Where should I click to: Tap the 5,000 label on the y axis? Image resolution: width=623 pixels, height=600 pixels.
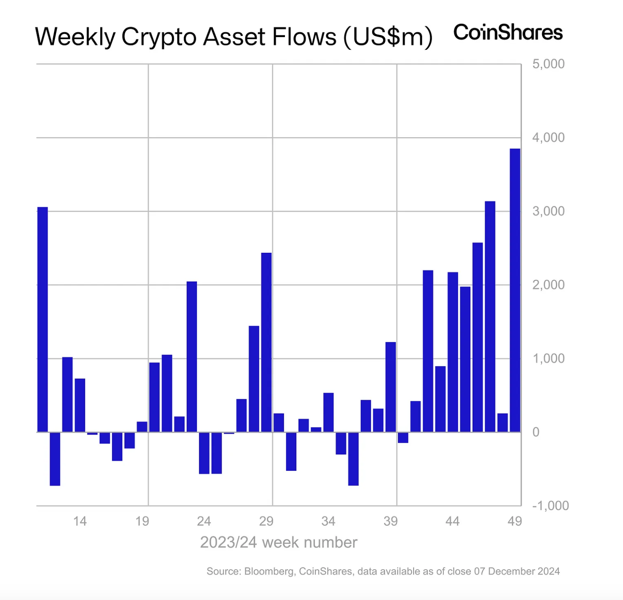[x=548, y=64]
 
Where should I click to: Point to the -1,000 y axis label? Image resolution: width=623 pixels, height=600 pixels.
[x=550, y=505]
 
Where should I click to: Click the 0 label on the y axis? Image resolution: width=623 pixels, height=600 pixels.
[x=536, y=432]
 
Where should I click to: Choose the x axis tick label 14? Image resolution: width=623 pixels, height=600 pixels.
[x=80, y=521]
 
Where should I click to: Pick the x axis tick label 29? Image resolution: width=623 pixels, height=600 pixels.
[x=266, y=521]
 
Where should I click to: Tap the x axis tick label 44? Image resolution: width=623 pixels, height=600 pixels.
[x=452, y=521]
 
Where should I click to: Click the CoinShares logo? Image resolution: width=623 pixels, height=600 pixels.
[x=508, y=33]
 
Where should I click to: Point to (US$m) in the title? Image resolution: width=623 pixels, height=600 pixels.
[x=388, y=37]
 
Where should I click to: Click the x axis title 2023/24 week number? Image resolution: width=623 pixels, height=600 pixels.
[x=279, y=542]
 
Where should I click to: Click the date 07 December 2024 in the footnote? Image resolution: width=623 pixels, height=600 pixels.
[x=517, y=571]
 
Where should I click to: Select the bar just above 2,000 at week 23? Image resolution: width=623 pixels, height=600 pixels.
[x=192, y=357]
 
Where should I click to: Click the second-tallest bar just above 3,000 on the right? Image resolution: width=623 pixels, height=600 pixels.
[x=490, y=316]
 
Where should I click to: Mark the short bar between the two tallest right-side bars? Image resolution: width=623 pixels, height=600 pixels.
[x=502, y=422]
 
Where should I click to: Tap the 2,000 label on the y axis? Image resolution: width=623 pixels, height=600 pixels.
[x=548, y=285]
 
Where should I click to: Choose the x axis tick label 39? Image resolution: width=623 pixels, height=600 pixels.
[x=390, y=521]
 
